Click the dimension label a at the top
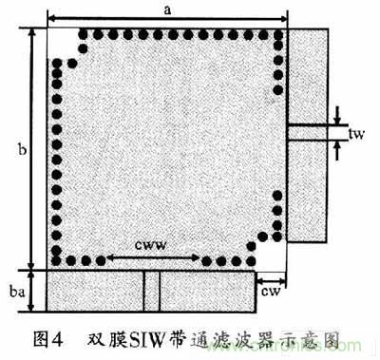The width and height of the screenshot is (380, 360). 168,9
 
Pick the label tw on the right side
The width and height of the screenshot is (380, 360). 357,135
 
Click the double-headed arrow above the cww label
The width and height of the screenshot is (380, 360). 151,257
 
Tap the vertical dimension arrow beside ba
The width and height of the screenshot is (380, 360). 32,292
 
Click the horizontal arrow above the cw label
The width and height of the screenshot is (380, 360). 271,276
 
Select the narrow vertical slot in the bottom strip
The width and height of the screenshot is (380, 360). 146,292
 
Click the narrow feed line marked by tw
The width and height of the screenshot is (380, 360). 309,134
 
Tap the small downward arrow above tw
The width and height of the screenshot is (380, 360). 339,117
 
